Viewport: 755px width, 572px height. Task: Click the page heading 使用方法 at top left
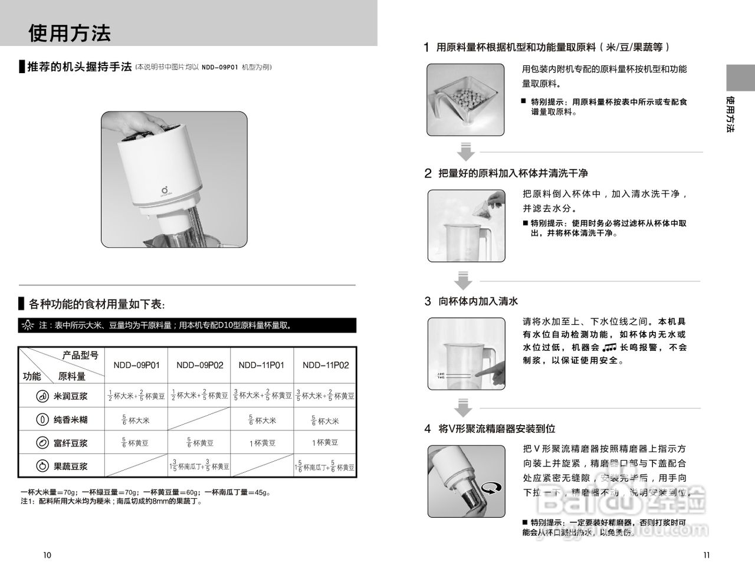pyautogui.click(x=70, y=33)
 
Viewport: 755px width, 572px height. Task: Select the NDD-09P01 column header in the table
pyautogui.click(x=136, y=365)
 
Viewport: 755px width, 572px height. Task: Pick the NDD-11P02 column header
pyautogui.click(x=326, y=365)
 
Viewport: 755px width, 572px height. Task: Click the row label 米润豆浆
pyautogui.click(x=70, y=396)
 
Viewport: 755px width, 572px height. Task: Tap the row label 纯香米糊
pyautogui.click(x=70, y=420)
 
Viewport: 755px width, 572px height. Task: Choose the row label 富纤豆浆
pyautogui.click(x=70, y=443)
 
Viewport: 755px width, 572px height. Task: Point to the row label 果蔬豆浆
pyautogui.click(x=70, y=466)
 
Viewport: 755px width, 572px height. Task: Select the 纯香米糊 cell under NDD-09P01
pyautogui.click(x=136, y=420)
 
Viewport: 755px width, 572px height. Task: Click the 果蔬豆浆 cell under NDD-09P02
pyautogui.click(x=199, y=466)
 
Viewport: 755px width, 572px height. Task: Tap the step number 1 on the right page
pyautogui.click(x=427, y=47)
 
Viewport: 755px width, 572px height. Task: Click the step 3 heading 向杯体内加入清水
pyautogui.click(x=478, y=301)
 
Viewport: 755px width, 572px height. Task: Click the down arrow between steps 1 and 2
pyautogui.click(x=466, y=152)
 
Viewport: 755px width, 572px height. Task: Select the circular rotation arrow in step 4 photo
pyautogui.click(x=491, y=487)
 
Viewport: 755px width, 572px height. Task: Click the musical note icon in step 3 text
pyautogui.click(x=609, y=348)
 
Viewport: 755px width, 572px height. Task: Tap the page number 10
pyautogui.click(x=47, y=555)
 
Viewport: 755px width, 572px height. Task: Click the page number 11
pyautogui.click(x=707, y=555)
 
